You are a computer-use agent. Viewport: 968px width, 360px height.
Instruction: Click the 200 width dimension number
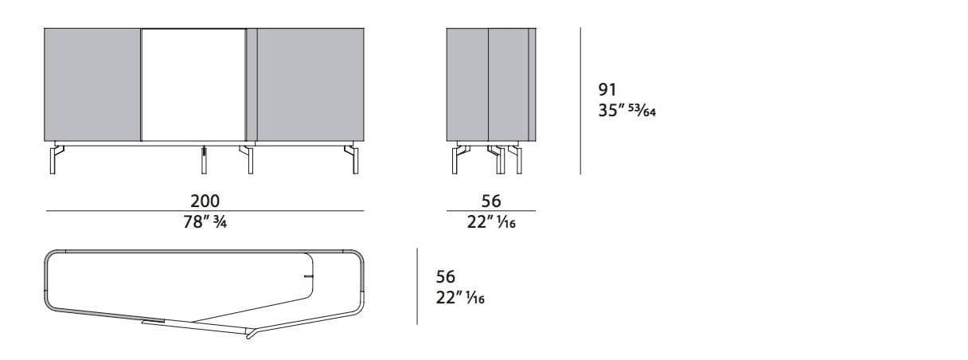(x=205, y=201)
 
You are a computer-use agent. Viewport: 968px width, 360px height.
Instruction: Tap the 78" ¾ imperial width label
(x=205, y=222)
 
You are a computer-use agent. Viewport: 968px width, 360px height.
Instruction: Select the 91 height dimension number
(x=607, y=89)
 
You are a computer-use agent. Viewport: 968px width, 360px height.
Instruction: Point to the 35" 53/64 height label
(x=627, y=111)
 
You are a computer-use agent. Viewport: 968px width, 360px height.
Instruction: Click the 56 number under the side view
(x=491, y=201)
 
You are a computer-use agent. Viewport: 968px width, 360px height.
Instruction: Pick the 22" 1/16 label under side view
(x=491, y=222)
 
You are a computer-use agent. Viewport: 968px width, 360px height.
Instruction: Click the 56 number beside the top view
(x=446, y=276)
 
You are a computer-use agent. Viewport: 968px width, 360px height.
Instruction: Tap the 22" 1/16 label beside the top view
(x=460, y=298)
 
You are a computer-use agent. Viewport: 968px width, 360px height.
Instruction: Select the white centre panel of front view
(x=193, y=84)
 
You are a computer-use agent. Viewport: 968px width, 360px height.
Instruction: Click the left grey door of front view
(x=92, y=84)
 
